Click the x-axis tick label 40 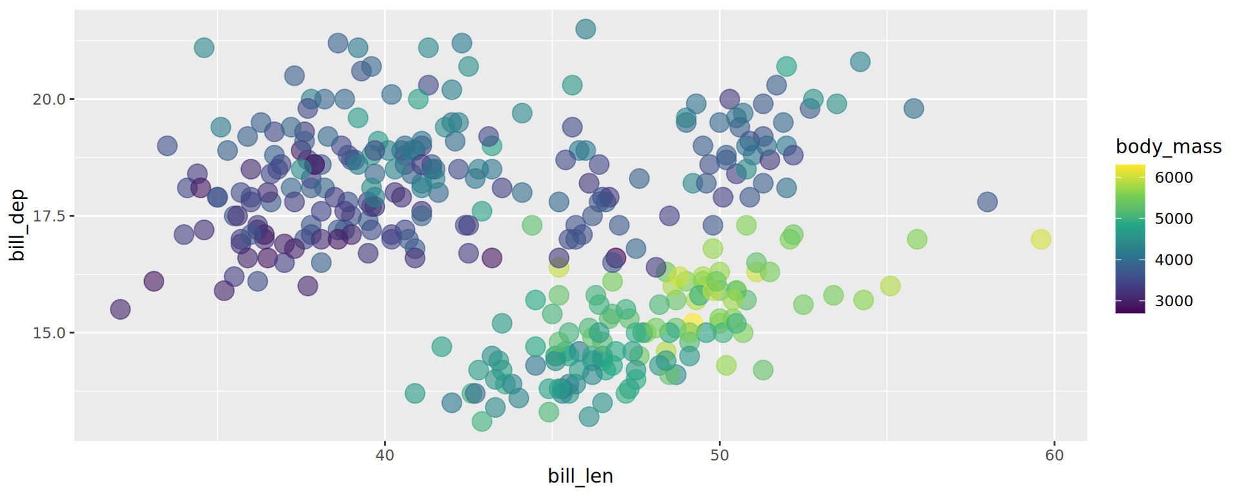click(x=385, y=455)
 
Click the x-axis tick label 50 click(x=719, y=455)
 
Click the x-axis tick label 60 click(x=1054, y=455)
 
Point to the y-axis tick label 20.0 click(x=49, y=99)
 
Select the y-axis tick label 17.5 click(x=49, y=216)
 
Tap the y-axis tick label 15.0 click(x=49, y=333)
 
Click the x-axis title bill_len click(x=580, y=476)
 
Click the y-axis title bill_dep click(x=17, y=225)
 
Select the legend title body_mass click(x=1169, y=147)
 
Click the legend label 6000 click(x=1174, y=178)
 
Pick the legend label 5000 click(x=1174, y=219)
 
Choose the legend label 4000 click(x=1174, y=260)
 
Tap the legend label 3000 click(x=1174, y=301)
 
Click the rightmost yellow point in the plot click(x=1041, y=239)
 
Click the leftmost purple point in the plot click(x=120, y=309)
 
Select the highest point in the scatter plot click(x=586, y=28)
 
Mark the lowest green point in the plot click(x=482, y=422)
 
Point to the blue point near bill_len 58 click(x=987, y=202)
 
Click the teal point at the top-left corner click(x=204, y=47)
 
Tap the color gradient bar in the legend click(x=1130, y=239)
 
